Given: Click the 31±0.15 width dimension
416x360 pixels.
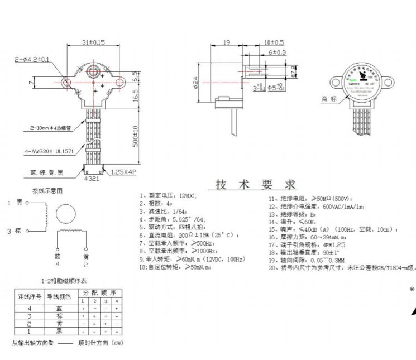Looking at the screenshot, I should point(93,42).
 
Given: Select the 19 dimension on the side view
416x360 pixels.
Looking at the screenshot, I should point(227,42).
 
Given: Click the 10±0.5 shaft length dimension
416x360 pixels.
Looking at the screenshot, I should point(274,42).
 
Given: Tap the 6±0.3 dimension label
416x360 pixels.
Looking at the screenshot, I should point(277,52).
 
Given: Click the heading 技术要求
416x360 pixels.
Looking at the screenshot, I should point(255,185).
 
